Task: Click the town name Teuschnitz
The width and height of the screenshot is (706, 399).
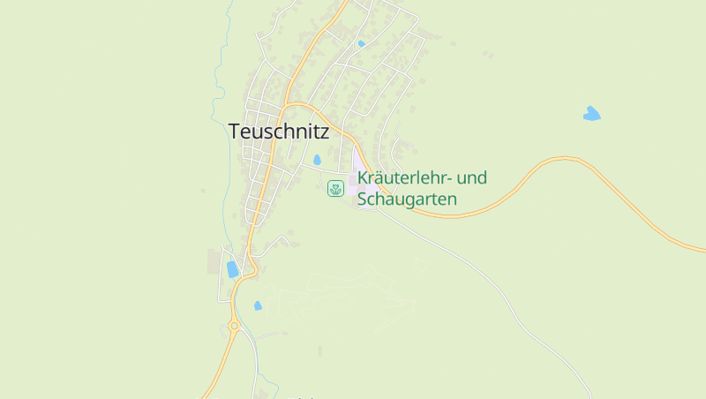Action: coord(278,132)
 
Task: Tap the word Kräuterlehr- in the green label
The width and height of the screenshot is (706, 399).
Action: coord(402,178)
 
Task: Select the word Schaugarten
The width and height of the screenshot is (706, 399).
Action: coord(407,199)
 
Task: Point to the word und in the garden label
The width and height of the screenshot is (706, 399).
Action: coord(472,178)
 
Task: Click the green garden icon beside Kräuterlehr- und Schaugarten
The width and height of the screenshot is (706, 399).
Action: coord(335,188)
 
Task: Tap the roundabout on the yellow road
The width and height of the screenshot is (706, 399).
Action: coord(234,326)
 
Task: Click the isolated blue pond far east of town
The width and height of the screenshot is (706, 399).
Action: coord(591,113)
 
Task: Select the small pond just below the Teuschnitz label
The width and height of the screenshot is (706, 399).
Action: coord(317,160)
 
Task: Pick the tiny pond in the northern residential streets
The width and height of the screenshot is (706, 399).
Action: coord(361,43)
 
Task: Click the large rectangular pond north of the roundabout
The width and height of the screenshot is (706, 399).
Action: coord(233,269)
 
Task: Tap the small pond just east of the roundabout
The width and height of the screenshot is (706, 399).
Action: coord(258,305)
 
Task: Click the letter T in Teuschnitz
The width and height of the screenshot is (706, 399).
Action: coord(234,132)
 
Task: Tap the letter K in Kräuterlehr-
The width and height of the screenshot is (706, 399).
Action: coord(363,178)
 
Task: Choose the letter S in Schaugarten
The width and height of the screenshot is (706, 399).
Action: coord(362,199)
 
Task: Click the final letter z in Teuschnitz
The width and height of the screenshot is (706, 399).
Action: coord(324,132)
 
